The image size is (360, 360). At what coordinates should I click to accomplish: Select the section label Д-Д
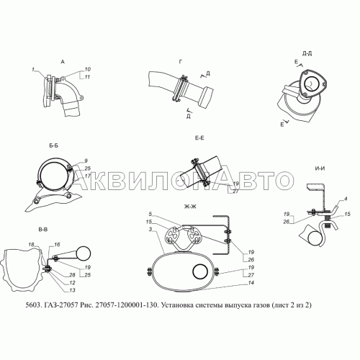pyautogui.click(x=307, y=53)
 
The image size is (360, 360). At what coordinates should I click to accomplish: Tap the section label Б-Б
pyautogui.click(x=54, y=146)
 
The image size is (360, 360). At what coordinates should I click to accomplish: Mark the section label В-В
pyautogui.click(x=42, y=228)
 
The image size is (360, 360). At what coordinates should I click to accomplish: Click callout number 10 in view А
pyautogui.click(x=86, y=68)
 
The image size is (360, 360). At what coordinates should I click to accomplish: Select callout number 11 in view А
pyautogui.click(x=86, y=76)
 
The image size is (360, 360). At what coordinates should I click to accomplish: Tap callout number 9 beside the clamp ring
pyautogui.click(x=85, y=160)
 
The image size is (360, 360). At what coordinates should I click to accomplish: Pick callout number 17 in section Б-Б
pyautogui.click(x=86, y=176)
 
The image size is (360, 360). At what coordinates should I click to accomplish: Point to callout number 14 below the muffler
pyautogui.click(x=231, y=284)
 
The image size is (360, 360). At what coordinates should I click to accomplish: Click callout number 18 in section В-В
pyautogui.click(x=32, y=246)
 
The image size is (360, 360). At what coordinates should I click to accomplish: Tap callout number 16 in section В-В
pyautogui.click(x=58, y=245)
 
